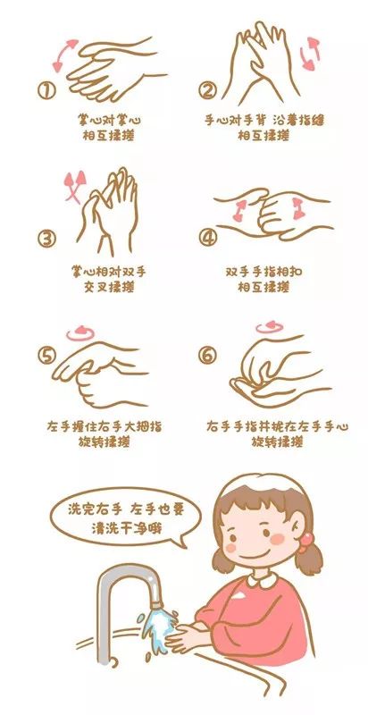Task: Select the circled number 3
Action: tap(47, 239)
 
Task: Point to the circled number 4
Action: tap(208, 239)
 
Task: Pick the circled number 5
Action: tap(46, 355)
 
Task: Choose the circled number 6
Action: tap(207, 355)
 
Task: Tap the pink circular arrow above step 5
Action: tap(80, 332)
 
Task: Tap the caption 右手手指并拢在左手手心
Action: tap(272, 425)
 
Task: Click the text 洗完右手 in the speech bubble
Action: tap(91, 509)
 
